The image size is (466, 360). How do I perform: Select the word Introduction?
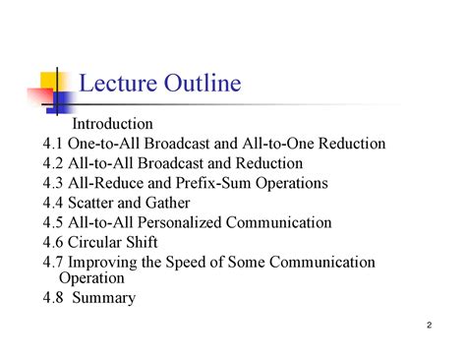(114, 124)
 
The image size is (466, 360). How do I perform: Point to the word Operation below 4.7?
(91, 278)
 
